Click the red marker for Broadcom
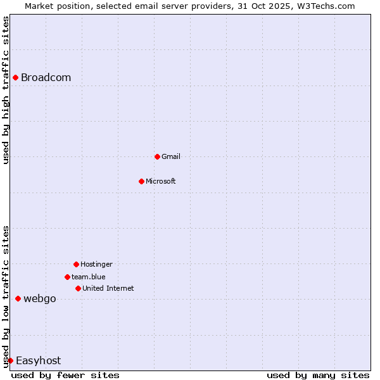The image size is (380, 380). coord(15,78)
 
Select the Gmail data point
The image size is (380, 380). coord(157,156)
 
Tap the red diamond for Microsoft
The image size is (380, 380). coord(141,181)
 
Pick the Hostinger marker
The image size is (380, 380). coord(76,264)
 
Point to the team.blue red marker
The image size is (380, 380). coord(67,277)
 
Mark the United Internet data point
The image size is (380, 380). coord(78,288)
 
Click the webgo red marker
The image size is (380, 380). coord(18,298)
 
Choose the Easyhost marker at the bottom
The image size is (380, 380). coord(10,360)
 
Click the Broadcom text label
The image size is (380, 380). coord(46,78)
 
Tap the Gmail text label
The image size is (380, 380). coord(171,156)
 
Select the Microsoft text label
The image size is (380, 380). coord(161,181)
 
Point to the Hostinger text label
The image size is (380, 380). coord(96,264)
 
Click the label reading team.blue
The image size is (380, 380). coord(89,277)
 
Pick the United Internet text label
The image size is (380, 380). coord(108,288)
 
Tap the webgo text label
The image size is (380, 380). coord(40,299)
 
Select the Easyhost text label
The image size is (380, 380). coord(38,361)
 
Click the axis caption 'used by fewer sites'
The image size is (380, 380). coord(65,376)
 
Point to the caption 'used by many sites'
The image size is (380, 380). coord(318,376)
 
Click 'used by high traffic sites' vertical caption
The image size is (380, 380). coord(6,90)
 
